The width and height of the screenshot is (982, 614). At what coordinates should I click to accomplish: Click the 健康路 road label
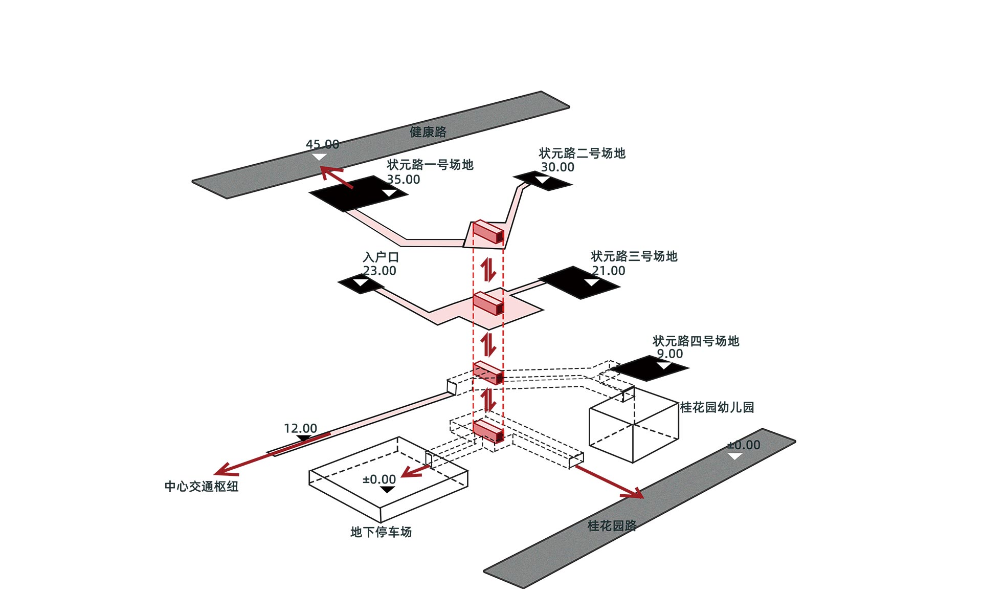coord(428,132)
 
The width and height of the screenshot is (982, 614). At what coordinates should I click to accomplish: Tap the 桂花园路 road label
coord(612,525)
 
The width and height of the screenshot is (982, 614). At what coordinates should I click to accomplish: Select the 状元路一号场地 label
coord(430,165)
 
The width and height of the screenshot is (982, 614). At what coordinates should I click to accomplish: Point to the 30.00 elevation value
coord(557,167)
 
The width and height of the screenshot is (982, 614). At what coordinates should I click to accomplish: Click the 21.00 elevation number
coord(609,271)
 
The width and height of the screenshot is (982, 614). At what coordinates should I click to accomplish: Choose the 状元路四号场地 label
coord(696,341)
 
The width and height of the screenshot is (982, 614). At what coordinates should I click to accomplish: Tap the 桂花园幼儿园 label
coord(717,407)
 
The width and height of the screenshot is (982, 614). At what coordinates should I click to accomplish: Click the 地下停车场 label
coord(381,532)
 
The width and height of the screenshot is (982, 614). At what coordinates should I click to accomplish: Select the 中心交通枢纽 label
coord(202,486)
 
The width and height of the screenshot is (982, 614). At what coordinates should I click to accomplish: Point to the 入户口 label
coord(381,257)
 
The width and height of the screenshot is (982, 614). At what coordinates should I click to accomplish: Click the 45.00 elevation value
coord(322,144)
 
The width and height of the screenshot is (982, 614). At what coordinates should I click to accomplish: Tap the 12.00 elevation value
coord(300,428)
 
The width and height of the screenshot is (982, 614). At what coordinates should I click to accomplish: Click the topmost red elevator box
coord(488,232)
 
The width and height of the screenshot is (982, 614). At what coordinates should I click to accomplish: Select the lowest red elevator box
coord(488,431)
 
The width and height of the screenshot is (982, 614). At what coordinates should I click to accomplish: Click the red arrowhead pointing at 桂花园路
coord(634,493)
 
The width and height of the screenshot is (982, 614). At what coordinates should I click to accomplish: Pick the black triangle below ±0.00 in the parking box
coord(388,490)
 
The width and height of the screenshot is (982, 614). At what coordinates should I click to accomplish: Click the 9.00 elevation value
coord(669,354)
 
